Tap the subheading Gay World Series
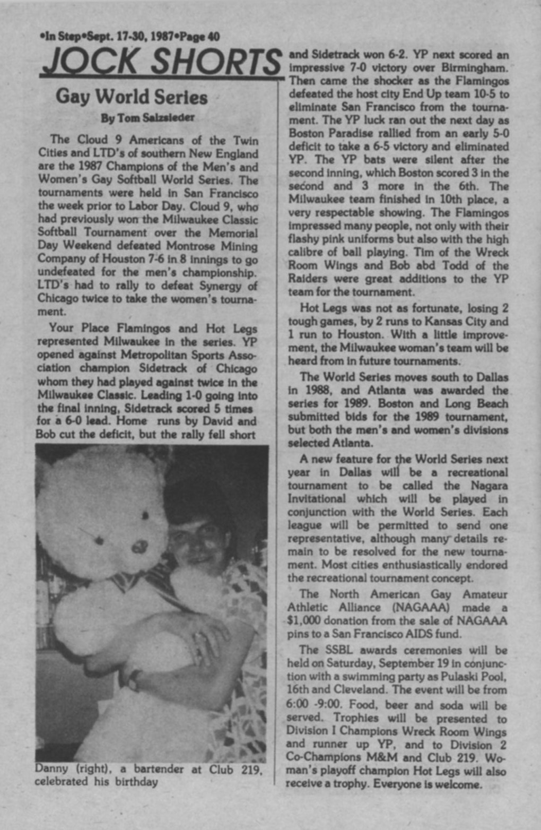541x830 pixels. coord(132,97)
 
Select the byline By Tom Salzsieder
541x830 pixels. coord(147,118)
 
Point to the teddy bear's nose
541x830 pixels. coord(139,546)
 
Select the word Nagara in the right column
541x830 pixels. coord(490,486)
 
